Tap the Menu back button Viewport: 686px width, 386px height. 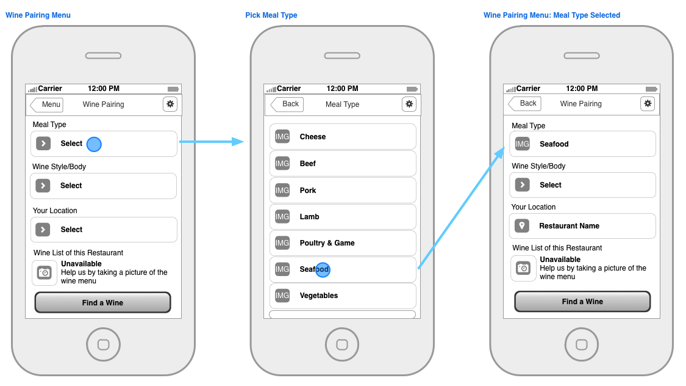46,104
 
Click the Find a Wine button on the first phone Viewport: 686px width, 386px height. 103,303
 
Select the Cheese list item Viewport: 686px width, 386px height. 343,137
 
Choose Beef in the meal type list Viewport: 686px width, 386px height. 343,164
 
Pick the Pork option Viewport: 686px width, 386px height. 343,190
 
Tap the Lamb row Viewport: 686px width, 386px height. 343,216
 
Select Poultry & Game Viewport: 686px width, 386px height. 343,242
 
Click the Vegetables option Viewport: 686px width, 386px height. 343,296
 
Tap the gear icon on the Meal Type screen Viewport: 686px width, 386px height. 409,104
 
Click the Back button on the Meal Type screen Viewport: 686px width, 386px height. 287,104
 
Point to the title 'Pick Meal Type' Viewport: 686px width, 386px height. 271,15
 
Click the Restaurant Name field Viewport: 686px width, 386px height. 582,226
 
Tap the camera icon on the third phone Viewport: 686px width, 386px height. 523,268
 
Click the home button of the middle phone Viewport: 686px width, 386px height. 342,344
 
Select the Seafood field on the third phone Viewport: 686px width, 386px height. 582,144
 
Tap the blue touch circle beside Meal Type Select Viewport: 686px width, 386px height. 94,144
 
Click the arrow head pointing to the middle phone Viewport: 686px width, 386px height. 238,142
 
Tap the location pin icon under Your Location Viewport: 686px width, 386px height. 522,225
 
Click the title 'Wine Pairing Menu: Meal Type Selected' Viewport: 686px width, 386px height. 552,15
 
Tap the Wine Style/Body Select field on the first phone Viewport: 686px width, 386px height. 103,186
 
